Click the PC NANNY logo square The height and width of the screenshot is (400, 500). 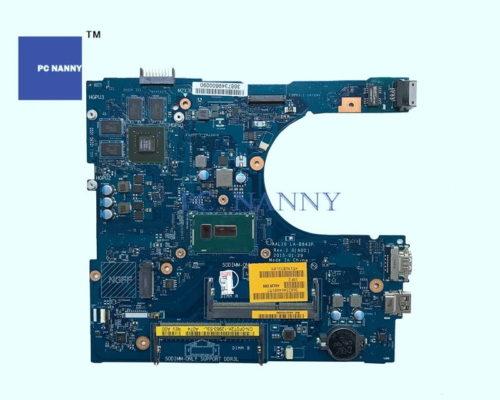coord(50,68)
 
